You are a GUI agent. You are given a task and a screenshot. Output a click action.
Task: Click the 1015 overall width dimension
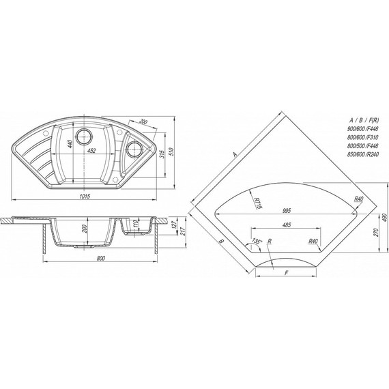pos(85,190)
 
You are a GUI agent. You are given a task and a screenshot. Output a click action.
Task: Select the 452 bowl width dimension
pos(91,151)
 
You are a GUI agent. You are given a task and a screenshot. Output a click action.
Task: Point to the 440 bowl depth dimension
pos(70,144)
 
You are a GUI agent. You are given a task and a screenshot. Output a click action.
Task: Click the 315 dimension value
pos(162,155)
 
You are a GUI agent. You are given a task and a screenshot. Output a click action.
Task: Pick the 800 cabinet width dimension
pos(100,258)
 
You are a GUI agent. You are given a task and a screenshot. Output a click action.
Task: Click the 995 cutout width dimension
pos(287,211)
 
